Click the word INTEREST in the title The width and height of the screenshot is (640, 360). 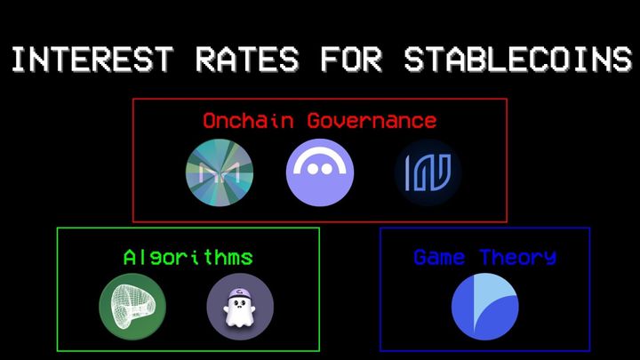84,60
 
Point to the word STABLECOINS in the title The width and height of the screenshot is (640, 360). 516,60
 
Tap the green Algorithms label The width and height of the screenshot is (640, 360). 188,258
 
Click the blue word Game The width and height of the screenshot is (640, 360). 439,258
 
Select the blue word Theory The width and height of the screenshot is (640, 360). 518,258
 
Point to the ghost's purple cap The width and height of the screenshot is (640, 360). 239,292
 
